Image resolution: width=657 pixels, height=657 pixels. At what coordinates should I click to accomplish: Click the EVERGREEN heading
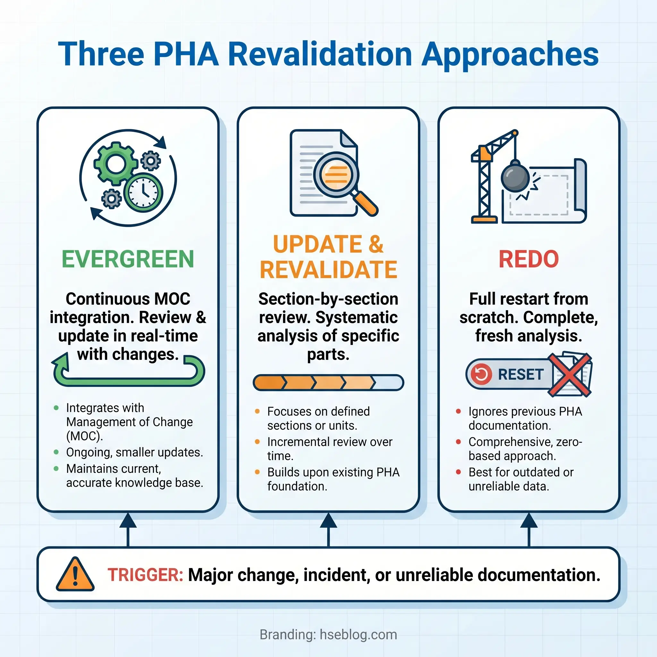(x=128, y=259)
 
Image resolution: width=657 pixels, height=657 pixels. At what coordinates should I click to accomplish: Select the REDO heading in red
(x=528, y=259)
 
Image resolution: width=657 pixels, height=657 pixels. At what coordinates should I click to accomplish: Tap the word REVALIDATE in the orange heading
(x=328, y=270)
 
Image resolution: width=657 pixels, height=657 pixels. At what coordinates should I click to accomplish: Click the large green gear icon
(x=115, y=164)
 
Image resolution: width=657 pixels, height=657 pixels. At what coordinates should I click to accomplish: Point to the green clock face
(x=143, y=192)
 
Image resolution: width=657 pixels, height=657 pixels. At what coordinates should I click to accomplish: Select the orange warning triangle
(x=75, y=575)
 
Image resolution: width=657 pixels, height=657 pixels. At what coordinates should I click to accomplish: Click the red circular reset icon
(x=481, y=374)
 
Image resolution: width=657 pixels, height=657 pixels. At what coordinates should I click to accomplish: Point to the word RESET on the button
(x=521, y=374)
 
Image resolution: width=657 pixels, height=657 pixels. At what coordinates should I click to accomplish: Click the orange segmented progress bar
(x=328, y=383)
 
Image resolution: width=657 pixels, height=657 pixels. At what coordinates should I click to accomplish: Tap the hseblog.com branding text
(x=358, y=635)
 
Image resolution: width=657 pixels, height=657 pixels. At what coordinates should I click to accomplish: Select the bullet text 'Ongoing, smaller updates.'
(x=134, y=452)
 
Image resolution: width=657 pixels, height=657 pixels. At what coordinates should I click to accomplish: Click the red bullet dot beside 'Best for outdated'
(x=458, y=472)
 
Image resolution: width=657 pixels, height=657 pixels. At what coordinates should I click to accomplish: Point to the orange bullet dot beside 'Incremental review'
(x=257, y=442)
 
